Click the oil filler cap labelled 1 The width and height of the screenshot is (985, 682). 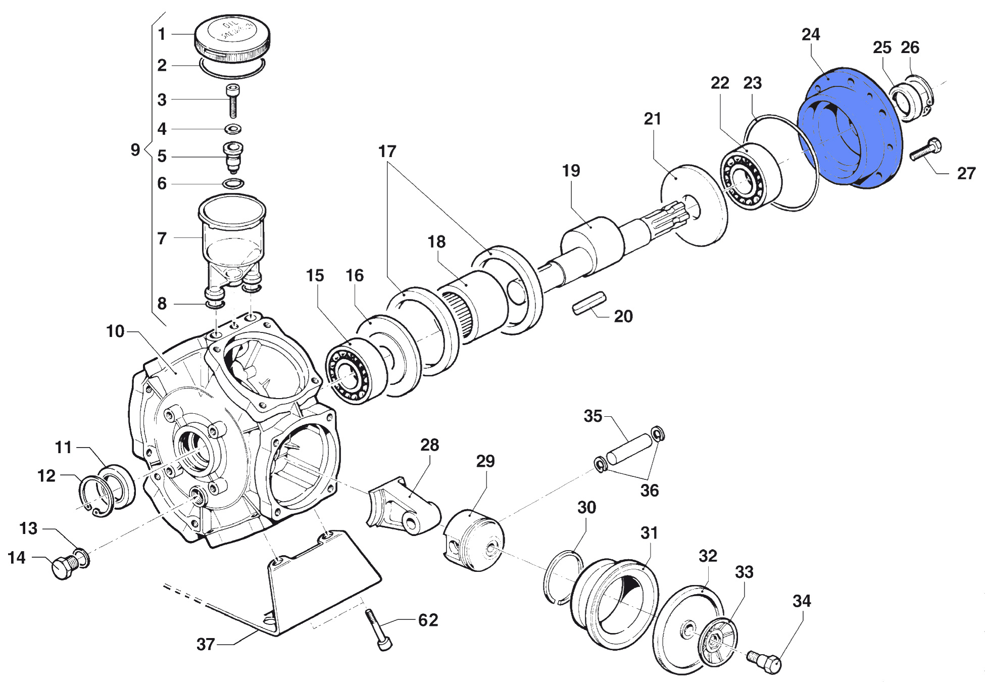[x=232, y=37]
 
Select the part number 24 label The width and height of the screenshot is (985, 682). [x=810, y=34]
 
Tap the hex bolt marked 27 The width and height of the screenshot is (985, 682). [x=925, y=150]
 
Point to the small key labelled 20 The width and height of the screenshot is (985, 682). [x=589, y=302]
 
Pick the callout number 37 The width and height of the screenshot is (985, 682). [x=206, y=644]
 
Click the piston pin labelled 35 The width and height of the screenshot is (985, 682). [x=629, y=448]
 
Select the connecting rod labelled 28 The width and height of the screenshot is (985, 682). [x=404, y=508]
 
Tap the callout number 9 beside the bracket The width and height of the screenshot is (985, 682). [x=135, y=150]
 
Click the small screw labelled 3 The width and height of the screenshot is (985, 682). [x=232, y=101]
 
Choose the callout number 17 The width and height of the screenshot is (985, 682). [x=387, y=151]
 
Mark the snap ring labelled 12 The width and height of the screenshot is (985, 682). [x=96, y=495]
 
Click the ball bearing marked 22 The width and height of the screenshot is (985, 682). [x=746, y=177]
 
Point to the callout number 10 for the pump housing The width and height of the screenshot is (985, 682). [x=115, y=331]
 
